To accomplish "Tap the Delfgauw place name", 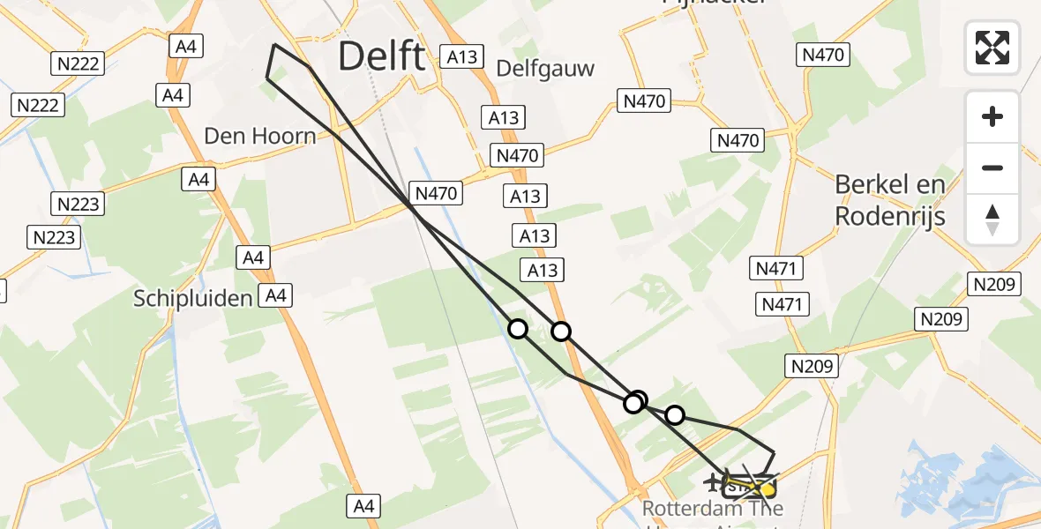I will coord(545,68).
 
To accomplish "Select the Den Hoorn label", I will coord(259,136).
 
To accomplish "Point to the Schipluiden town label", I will coord(192,298).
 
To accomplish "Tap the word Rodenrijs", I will coord(890,216).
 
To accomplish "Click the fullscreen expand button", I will coord(992,47).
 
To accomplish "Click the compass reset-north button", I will coord(992,219).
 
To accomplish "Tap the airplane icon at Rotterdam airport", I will coord(712,482).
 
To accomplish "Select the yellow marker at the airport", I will coord(767,488).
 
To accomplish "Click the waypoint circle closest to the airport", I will coord(674,414).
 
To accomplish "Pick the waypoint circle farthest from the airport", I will coord(518,329).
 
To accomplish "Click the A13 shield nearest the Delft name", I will coord(461,57).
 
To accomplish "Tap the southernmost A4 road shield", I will coord(364,506).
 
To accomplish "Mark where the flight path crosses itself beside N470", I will coord(413,207).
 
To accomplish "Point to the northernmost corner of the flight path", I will coord(274,44).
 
